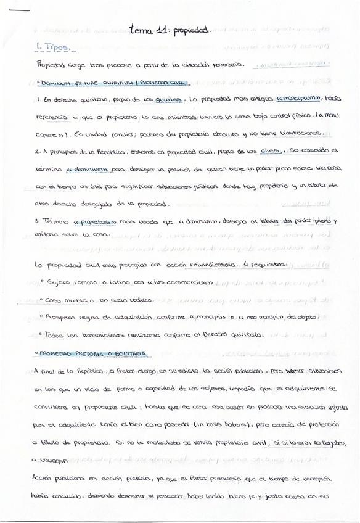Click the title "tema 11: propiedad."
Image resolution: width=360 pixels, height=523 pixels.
170,28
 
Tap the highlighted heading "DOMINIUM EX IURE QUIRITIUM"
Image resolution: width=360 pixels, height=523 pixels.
80,82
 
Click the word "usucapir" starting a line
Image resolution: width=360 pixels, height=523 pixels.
53,460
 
